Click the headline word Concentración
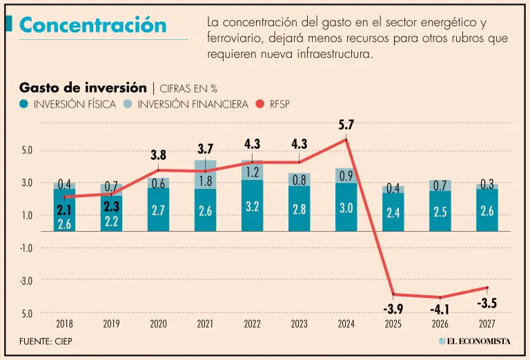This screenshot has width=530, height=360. [93, 25]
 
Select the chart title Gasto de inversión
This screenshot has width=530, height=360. [83, 88]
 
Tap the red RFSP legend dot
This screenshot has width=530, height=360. [259, 105]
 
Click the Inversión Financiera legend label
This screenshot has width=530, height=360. [193, 105]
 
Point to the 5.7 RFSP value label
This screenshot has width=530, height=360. [346, 126]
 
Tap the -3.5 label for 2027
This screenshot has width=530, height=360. [487, 303]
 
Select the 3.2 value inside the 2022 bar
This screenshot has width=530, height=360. [252, 206]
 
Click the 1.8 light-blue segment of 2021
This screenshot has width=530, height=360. [205, 181]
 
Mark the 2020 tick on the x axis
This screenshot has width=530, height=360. [158, 323]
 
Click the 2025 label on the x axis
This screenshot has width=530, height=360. [393, 323]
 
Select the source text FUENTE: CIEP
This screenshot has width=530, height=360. [46, 341]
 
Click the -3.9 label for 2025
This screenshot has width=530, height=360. [393, 308]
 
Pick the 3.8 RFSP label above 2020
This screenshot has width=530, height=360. [159, 156]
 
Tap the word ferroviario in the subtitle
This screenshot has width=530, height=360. [235, 39]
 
